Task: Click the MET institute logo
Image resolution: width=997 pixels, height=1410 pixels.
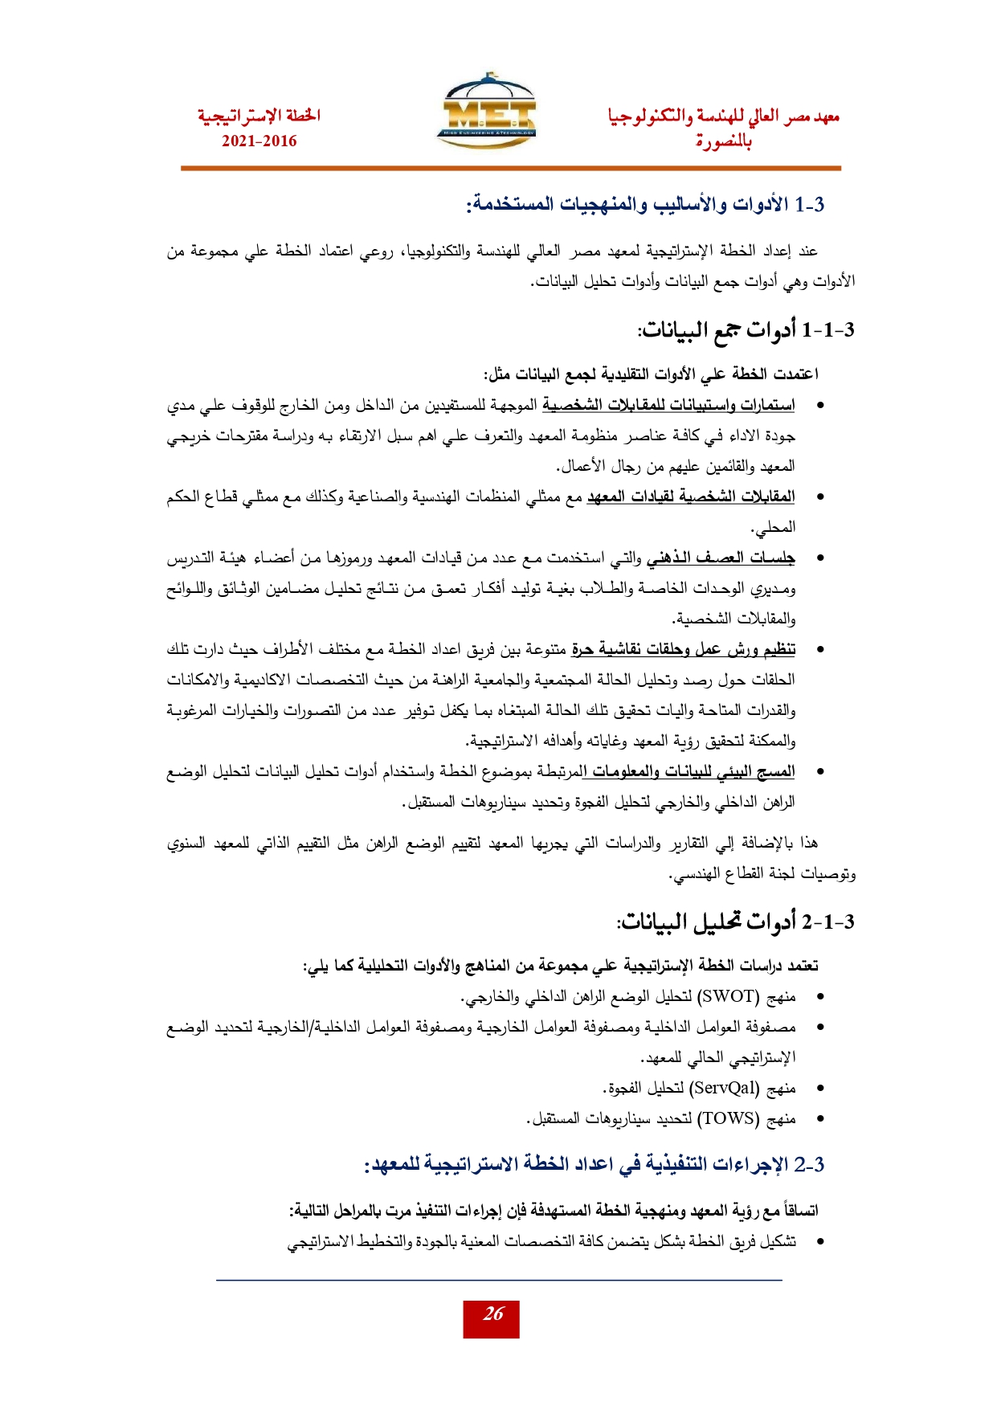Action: click(x=488, y=112)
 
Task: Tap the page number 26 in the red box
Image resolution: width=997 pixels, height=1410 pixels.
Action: click(x=492, y=1314)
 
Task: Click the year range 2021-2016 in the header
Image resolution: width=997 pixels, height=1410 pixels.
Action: click(x=259, y=141)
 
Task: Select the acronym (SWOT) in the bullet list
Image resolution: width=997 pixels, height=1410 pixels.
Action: click(x=728, y=997)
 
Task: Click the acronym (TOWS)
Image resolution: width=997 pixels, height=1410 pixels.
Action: click(x=728, y=1118)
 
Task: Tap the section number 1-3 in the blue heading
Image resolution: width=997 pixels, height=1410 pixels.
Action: click(x=810, y=204)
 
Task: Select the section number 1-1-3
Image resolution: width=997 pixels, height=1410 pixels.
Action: click(x=827, y=329)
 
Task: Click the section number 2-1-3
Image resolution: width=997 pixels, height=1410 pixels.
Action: click(x=827, y=922)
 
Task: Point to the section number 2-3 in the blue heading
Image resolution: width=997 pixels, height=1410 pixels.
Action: click(x=810, y=1164)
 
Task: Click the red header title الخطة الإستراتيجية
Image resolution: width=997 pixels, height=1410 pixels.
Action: click(x=259, y=116)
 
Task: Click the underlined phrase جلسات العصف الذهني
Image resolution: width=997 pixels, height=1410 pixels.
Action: click(x=721, y=558)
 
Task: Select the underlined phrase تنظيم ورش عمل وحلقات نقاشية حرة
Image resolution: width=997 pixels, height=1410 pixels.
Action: click(x=683, y=649)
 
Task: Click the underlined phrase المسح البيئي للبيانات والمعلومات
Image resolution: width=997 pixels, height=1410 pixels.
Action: click(x=689, y=771)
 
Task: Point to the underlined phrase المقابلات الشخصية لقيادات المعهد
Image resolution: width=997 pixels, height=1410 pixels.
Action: click(x=690, y=497)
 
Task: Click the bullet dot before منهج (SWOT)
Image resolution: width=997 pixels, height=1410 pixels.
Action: click(x=819, y=997)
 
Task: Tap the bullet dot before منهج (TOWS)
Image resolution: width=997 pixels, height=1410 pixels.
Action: click(x=819, y=1118)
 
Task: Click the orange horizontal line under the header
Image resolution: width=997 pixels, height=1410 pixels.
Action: click(x=510, y=168)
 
